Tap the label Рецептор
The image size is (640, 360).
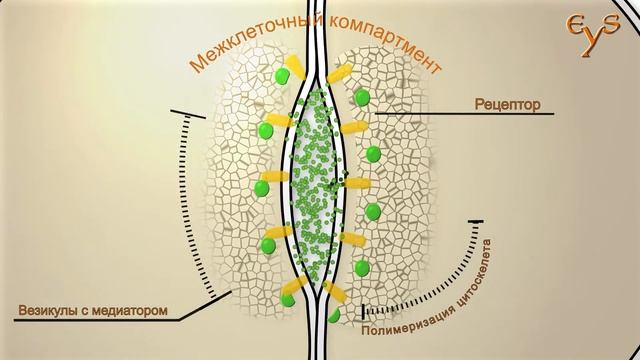coord(507,105)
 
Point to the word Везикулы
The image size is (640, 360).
coord(46,310)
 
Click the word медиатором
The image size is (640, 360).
coord(130,310)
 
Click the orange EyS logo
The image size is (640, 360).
coord(593,33)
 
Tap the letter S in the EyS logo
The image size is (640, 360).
coord(611,25)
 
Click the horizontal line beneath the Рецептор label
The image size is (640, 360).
coord(464,113)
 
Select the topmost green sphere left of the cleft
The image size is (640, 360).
coord(282,76)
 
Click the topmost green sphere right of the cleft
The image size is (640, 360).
coord(362,98)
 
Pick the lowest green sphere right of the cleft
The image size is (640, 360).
coord(334,316)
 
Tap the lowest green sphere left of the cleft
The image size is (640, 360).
coord(288,300)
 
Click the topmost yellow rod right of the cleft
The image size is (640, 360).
coord(339,73)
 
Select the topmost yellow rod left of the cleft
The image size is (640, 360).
coord(295,67)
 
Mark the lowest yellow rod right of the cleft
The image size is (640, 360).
coord(335,291)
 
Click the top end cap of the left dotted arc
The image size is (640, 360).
coord(188,114)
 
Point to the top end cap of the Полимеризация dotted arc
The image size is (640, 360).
coord(476,222)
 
